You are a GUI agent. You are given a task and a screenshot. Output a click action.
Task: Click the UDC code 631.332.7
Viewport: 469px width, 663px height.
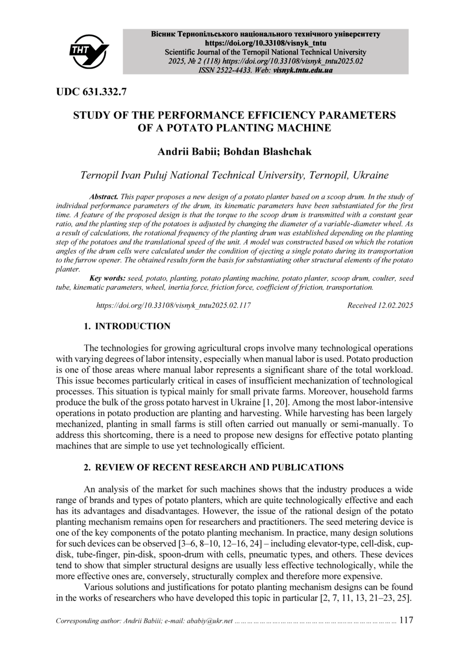[x=91, y=92]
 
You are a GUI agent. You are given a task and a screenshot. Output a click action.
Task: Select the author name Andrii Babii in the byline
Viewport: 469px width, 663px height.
[x=187, y=152]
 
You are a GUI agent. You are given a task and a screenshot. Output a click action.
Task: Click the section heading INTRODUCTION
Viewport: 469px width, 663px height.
[x=133, y=326]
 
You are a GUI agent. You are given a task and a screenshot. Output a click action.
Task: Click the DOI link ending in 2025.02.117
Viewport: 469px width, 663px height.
[x=173, y=305]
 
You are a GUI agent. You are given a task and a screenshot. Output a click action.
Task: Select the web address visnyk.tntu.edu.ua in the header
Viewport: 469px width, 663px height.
[x=303, y=70]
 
